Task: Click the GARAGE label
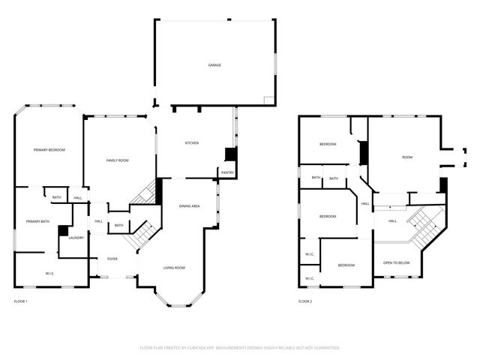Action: (214, 65)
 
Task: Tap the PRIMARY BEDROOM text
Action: (49, 150)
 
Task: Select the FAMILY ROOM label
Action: (117, 160)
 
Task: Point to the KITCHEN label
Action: (191, 142)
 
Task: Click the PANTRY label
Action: (227, 172)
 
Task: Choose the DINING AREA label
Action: (189, 205)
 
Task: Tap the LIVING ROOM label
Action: (175, 267)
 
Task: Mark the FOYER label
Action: (112, 259)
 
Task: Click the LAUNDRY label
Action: (76, 238)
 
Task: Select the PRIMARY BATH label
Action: (37, 221)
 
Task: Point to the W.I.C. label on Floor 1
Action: (49, 273)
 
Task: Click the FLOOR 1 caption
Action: (21, 301)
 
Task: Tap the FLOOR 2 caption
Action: (305, 301)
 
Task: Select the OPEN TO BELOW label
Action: (397, 262)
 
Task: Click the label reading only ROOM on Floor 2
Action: (407, 157)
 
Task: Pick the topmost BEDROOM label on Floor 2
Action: (328, 144)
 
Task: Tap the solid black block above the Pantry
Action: (231, 154)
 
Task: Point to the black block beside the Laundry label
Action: (63, 231)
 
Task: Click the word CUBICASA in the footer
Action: (203, 348)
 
